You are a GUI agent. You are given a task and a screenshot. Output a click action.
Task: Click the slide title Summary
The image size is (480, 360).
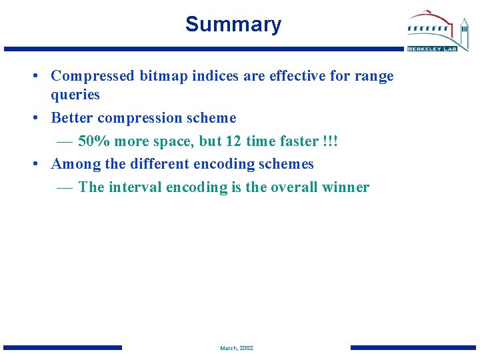pos(233,25)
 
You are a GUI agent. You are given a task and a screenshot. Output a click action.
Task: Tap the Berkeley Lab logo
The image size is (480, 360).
pos(438,31)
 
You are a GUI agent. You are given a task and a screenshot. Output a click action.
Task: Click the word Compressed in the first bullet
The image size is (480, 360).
pos(93,76)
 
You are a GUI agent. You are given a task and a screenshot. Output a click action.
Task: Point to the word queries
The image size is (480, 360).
pos(75,95)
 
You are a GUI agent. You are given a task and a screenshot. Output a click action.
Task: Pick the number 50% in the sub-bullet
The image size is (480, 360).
pos(93,141)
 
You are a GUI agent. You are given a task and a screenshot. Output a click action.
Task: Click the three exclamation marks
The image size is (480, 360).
pos(330,141)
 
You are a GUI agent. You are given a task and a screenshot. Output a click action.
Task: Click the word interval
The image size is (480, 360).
pos(135,187)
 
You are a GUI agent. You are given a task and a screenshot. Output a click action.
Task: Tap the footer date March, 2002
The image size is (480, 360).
pos(237,348)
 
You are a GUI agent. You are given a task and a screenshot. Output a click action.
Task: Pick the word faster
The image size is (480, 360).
pos(296,141)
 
